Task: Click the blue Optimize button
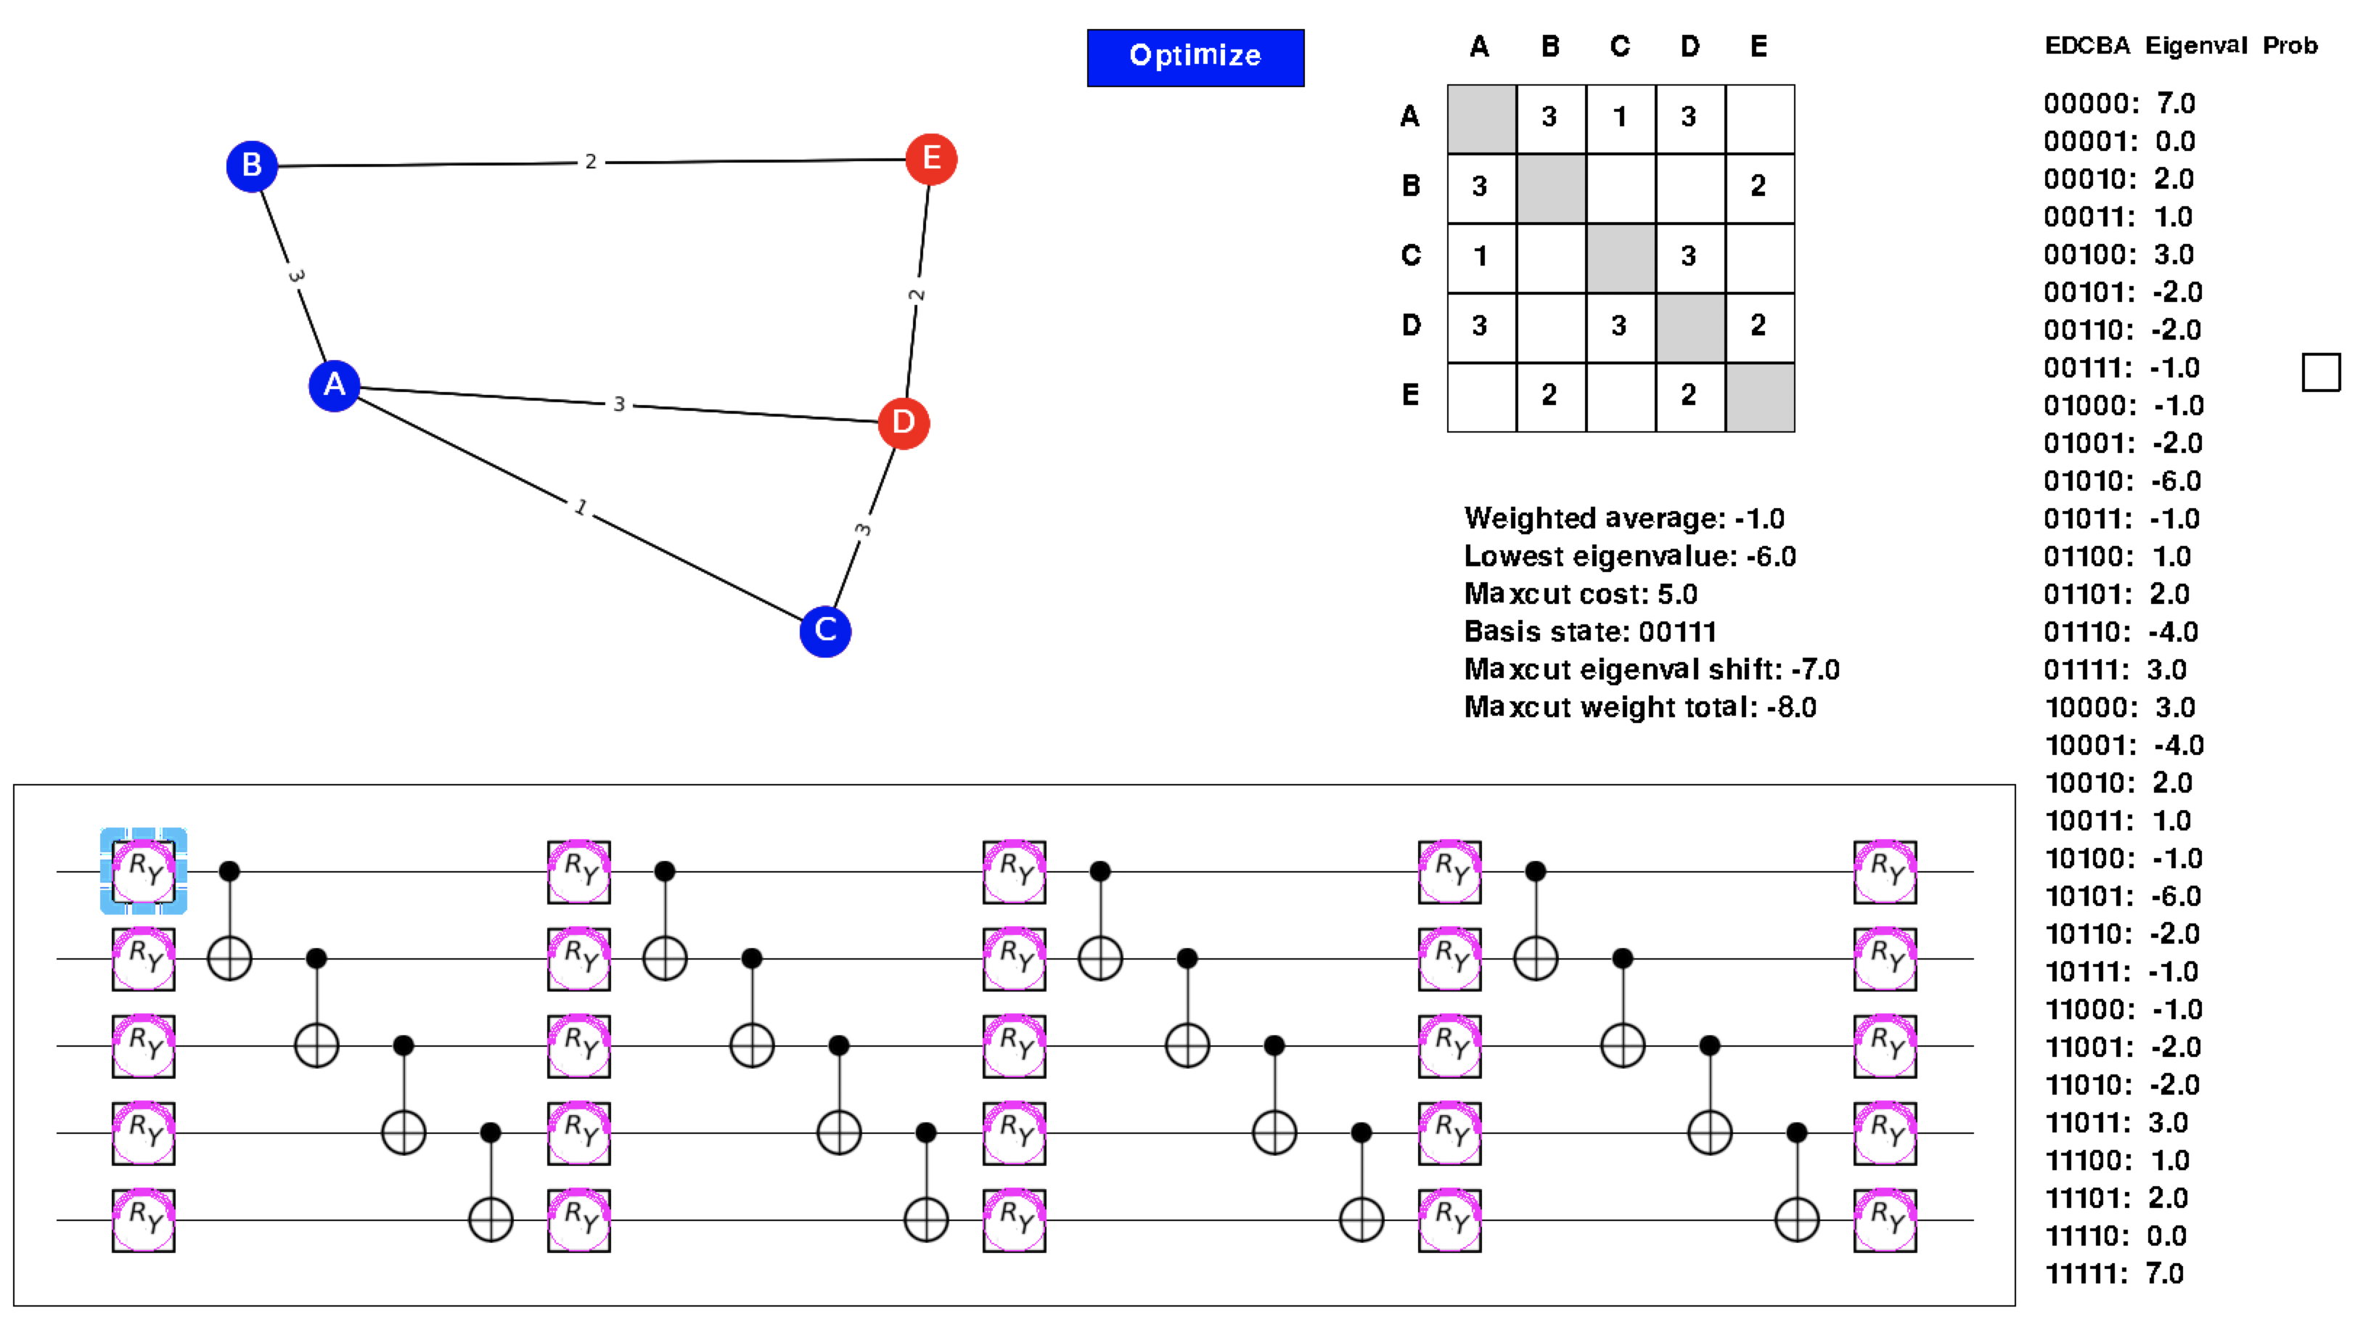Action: [x=1195, y=57]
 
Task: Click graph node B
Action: [x=251, y=166]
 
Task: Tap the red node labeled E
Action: [x=930, y=159]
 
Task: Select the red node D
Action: [x=903, y=423]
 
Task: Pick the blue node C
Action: [x=824, y=630]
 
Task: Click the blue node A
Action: [x=334, y=385]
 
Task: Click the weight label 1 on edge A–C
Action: [x=581, y=507]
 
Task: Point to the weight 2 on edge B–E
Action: [x=591, y=161]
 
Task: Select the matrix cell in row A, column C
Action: [x=1620, y=118]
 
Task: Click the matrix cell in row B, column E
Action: [x=1758, y=187]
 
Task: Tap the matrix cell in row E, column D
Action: [x=1689, y=396]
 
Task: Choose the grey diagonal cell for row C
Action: [x=1620, y=257]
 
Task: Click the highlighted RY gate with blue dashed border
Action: [x=144, y=870]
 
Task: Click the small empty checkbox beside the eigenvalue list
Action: [x=2320, y=372]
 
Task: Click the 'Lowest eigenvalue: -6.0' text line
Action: [x=1629, y=556]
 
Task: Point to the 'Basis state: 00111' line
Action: [x=1589, y=632]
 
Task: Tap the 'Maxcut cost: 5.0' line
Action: [x=1580, y=594]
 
